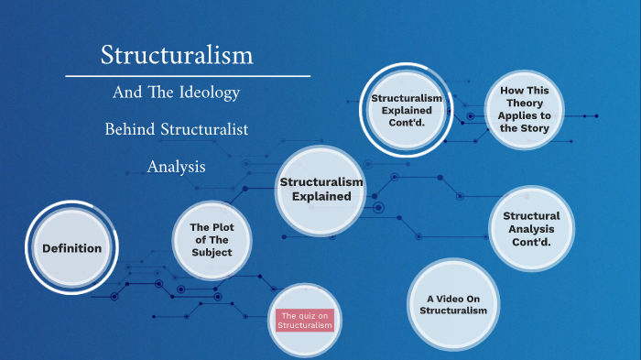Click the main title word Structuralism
coord(177,55)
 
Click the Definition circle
coord(71,248)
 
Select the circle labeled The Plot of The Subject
coord(212,239)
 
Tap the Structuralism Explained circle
coord(320,190)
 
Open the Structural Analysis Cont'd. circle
coord(531,229)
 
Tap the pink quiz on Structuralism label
coord(306,320)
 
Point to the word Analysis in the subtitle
coord(176,167)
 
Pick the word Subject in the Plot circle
coord(212,252)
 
